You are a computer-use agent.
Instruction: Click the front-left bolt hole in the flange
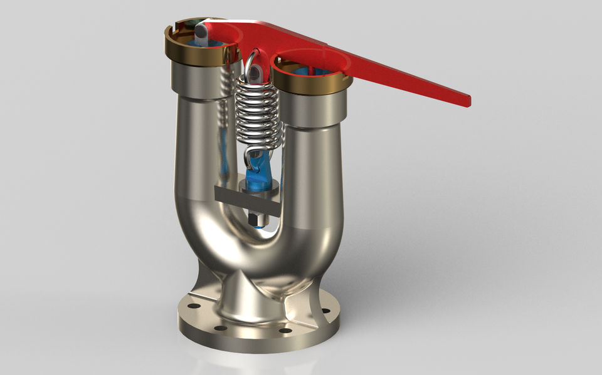219,327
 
